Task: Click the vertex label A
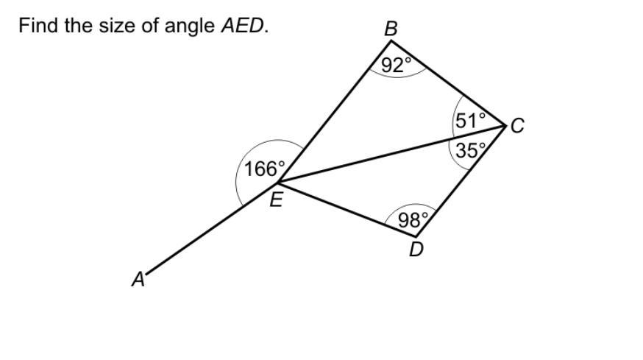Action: click(138, 280)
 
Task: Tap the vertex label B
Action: click(391, 29)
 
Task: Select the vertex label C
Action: click(517, 126)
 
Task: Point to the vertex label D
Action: click(416, 250)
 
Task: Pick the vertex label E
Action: click(275, 199)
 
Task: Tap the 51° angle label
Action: click(471, 121)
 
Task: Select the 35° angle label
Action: click(471, 151)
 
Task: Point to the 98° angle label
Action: click(413, 219)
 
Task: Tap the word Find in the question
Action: click(38, 26)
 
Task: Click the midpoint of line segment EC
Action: click(391, 153)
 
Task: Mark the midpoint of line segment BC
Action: click(448, 83)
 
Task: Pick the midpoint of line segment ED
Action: click(347, 208)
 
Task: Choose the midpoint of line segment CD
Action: click(461, 181)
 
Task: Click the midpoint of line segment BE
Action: click(333, 111)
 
